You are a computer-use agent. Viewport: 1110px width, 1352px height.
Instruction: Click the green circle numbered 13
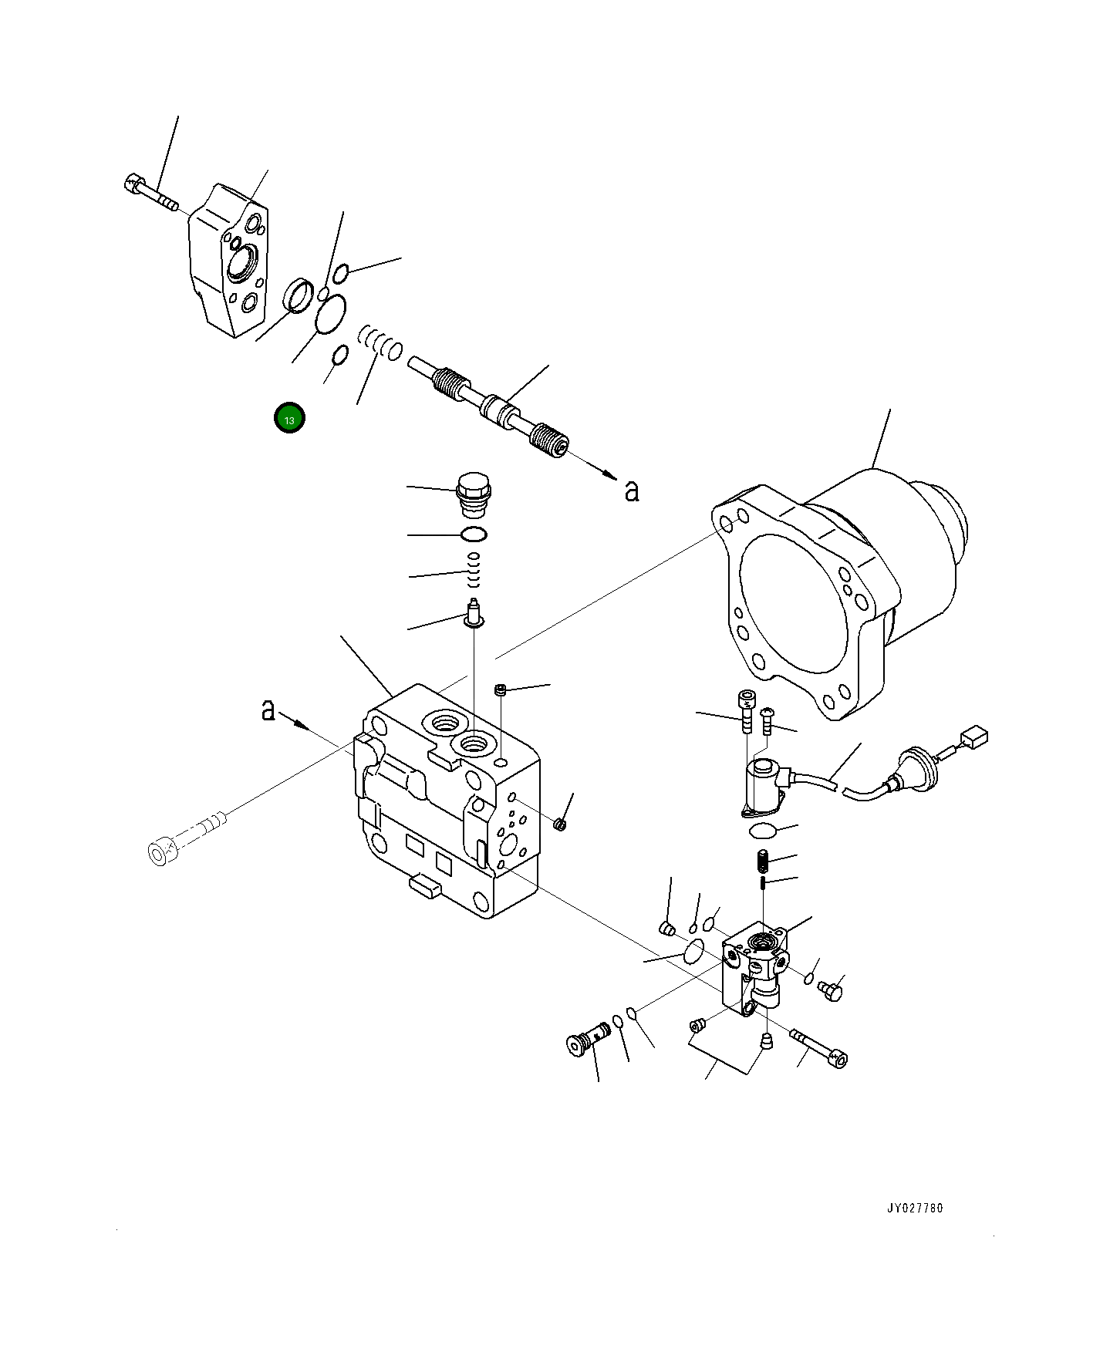(x=289, y=418)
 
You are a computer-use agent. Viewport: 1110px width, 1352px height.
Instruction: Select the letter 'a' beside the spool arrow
(x=632, y=491)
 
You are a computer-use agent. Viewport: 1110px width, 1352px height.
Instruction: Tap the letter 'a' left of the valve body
(x=268, y=709)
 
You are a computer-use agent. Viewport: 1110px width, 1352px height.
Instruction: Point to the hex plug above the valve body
(x=473, y=494)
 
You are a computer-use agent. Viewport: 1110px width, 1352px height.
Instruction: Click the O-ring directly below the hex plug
(x=473, y=534)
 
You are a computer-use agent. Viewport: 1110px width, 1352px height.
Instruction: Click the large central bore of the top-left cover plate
(x=241, y=259)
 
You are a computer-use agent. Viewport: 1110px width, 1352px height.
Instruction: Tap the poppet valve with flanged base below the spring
(x=474, y=614)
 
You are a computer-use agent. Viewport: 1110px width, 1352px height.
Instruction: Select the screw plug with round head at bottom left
(x=584, y=1042)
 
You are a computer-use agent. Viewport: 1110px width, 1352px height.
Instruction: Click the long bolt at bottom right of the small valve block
(x=819, y=1050)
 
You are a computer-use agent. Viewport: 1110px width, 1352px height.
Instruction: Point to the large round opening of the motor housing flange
(x=795, y=601)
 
